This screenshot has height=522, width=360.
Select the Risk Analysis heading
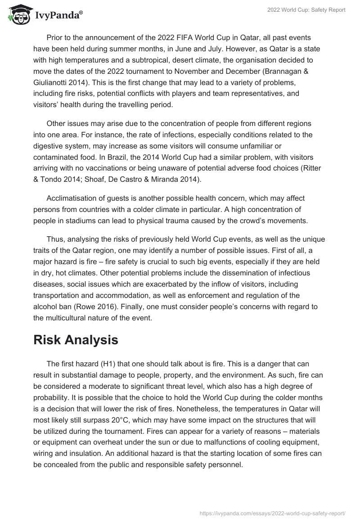tap(76, 340)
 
